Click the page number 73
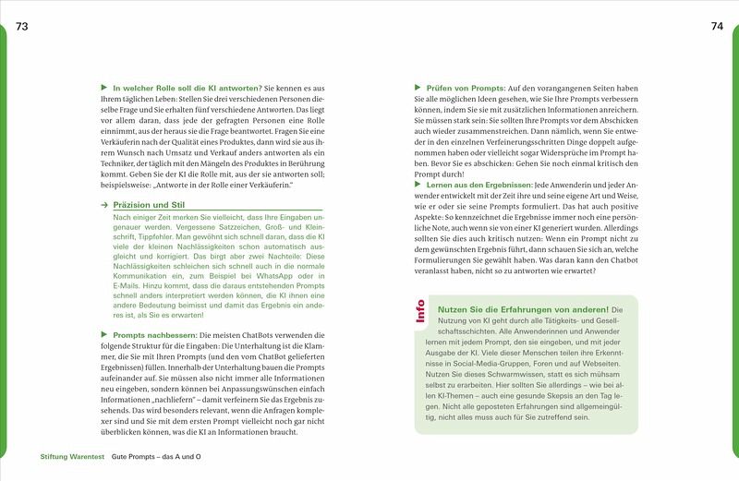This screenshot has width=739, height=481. (23, 25)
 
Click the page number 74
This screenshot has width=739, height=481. (717, 25)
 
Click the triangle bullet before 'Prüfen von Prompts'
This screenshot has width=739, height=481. (418, 86)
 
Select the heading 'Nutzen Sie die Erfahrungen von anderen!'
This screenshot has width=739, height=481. (521, 309)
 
